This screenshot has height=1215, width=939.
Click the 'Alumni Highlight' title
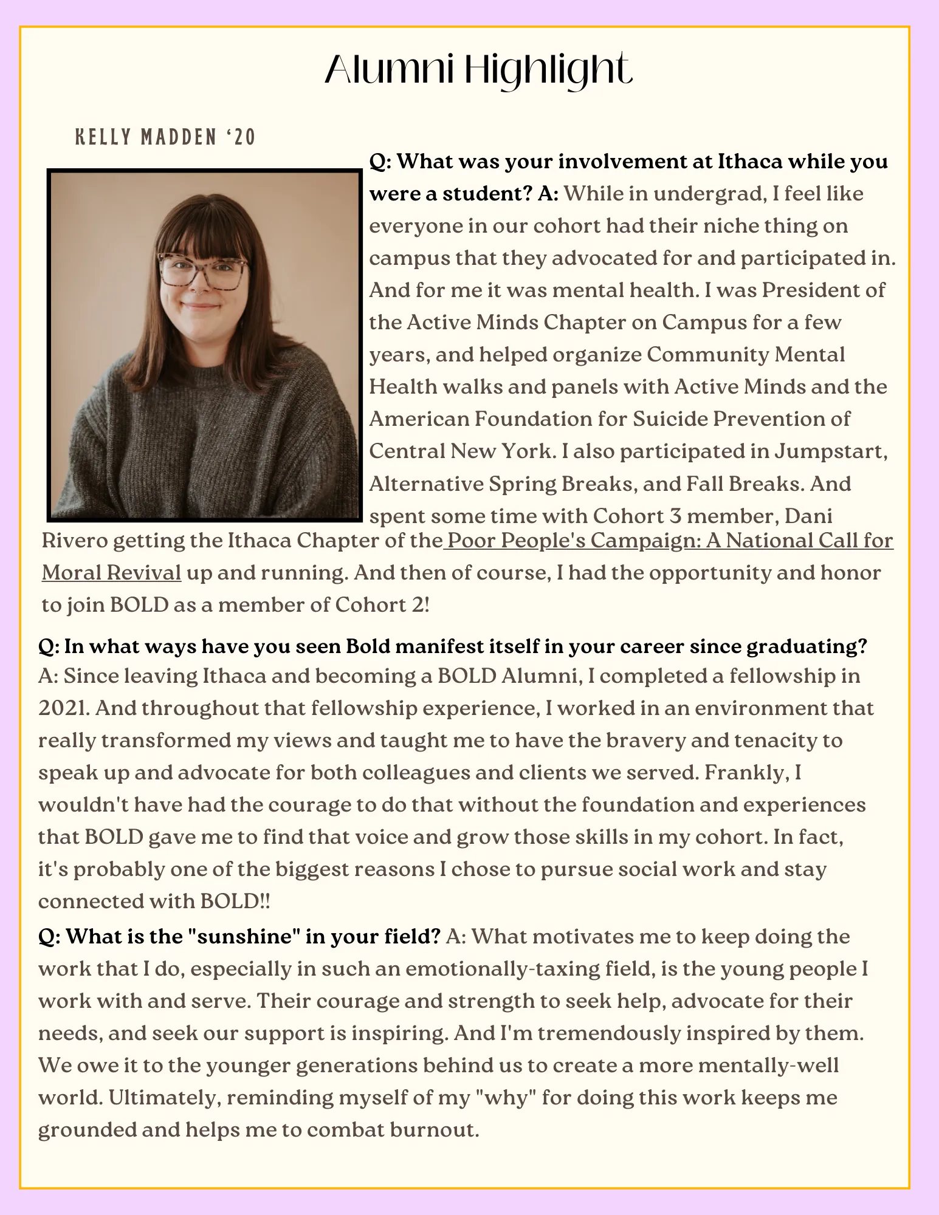[478, 69]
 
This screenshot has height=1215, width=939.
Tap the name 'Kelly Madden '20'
[165, 137]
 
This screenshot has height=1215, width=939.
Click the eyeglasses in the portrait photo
[202, 271]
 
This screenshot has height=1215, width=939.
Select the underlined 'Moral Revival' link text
[111, 572]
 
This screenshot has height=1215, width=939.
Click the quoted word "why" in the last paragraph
[507, 1097]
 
